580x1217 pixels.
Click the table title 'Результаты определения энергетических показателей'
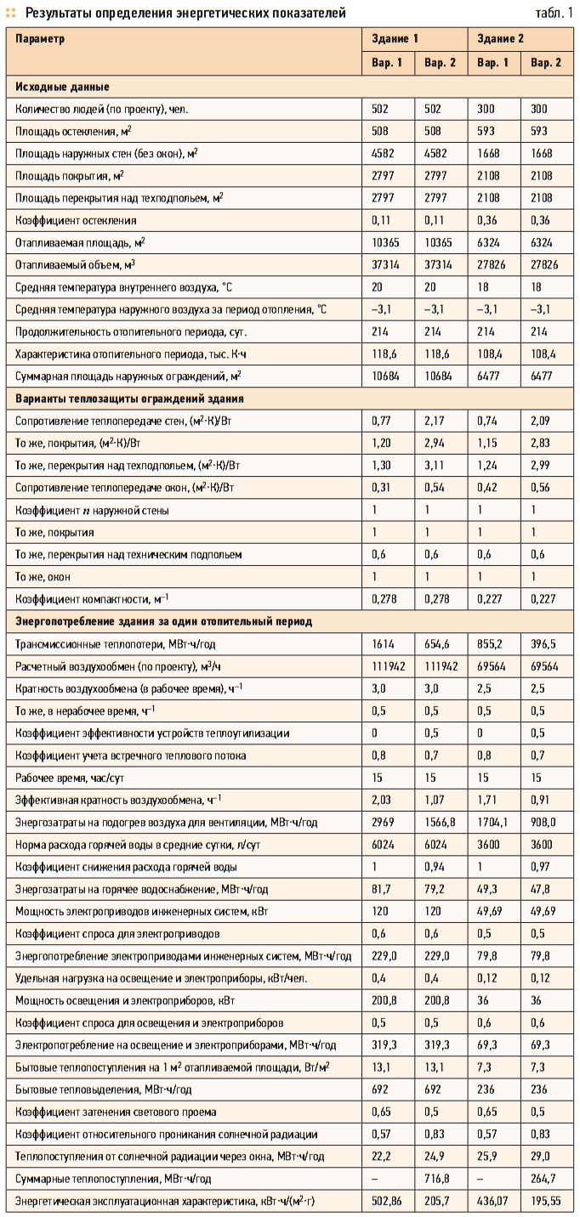(185, 13)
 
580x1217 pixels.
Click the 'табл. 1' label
(554, 13)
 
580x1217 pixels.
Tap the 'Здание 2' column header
(501, 39)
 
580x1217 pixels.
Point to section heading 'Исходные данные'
(61, 87)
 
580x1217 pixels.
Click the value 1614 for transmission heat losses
(382, 644)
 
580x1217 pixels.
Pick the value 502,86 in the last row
(388, 1201)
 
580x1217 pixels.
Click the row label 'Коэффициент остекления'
(76, 220)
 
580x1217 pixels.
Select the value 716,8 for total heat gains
(438, 1179)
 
